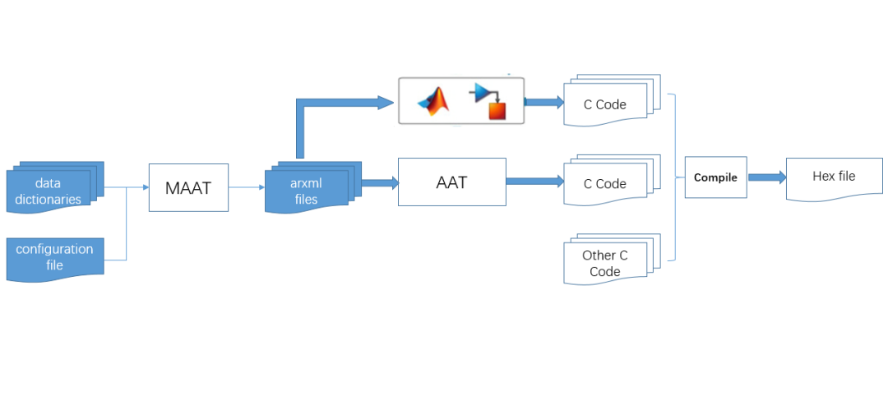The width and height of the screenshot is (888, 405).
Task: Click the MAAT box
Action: click(188, 188)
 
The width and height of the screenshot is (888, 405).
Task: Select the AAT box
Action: click(451, 182)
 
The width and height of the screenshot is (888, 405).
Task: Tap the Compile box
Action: click(715, 177)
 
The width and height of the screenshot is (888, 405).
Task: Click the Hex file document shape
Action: click(834, 177)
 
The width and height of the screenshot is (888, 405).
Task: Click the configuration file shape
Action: click(54, 258)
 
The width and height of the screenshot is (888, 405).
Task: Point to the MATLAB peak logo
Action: click(435, 101)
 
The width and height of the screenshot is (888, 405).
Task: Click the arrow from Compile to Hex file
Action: click(766, 177)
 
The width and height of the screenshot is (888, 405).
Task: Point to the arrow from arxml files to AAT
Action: click(377, 182)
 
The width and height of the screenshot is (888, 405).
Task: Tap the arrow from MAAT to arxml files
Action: click(247, 188)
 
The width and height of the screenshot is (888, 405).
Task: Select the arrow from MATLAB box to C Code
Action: click(543, 102)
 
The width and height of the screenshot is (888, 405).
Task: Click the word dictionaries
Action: click(48, 199)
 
